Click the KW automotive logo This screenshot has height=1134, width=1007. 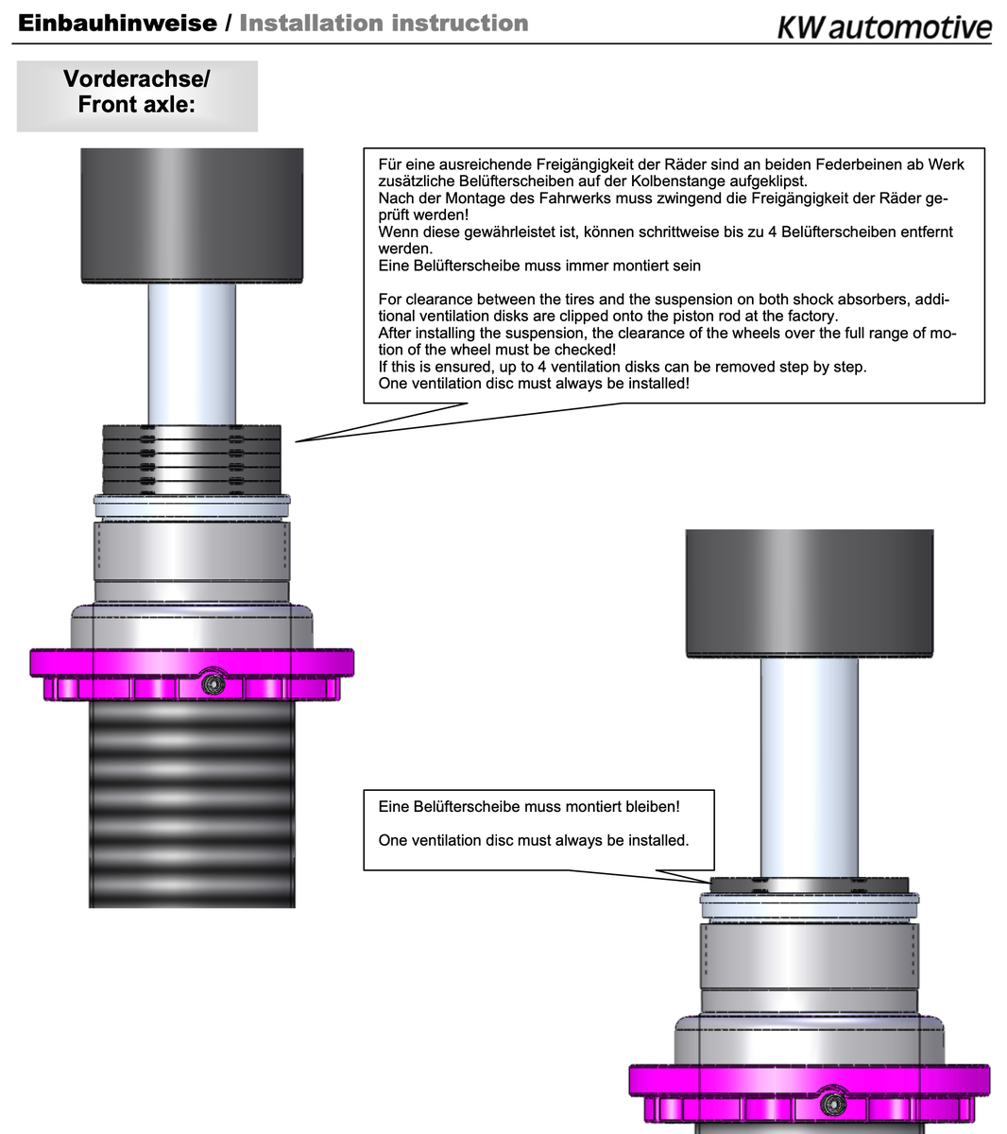click(x=884, y=26)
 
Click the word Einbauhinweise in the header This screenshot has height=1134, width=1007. click(x=117, y=24)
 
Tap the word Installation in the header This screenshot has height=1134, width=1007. click(x=311, y=24)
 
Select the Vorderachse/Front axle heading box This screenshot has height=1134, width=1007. click(x=137, y=96)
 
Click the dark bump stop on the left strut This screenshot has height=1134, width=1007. click(x=192, y=215)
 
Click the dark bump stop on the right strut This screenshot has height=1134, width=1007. click(x=810, y=593)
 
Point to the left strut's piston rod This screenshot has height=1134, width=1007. click(x=192, y=354)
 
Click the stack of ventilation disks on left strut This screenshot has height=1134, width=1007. click(x=192, y=459)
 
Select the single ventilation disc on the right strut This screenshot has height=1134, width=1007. click(x=809, y=885)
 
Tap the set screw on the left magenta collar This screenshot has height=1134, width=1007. click(x=213, y=683)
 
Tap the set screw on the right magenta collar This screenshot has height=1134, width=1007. click(x=833, y=1105)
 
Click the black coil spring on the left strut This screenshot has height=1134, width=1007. click(x=192, y=804)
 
